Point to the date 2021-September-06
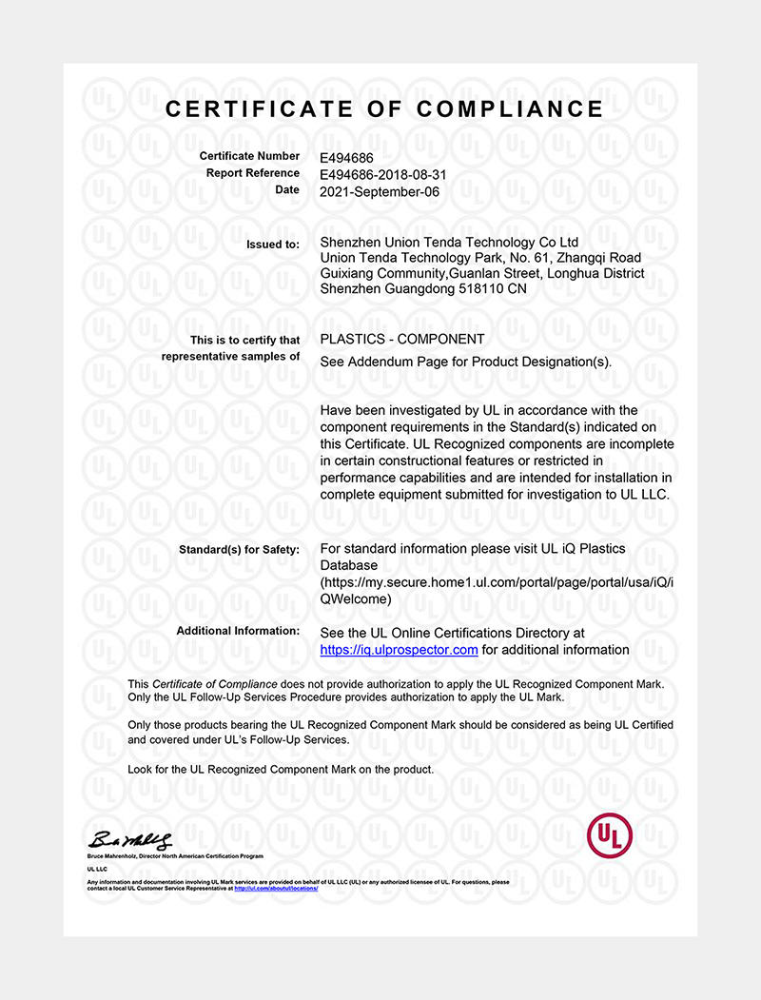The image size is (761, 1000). tap(380, 190)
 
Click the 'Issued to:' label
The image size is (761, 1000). tap(273, 245)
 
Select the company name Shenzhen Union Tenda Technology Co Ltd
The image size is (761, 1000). tap(449, 243)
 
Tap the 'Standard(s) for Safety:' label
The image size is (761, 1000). tap(239, 550)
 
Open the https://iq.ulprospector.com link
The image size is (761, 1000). tap(399, 650)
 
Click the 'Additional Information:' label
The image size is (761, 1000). tap(238, 632)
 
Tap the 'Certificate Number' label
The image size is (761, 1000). tap(249, 156)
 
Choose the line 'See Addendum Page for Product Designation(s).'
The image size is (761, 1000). tap(466, 362)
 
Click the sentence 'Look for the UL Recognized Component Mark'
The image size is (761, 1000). tap(281, 769)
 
